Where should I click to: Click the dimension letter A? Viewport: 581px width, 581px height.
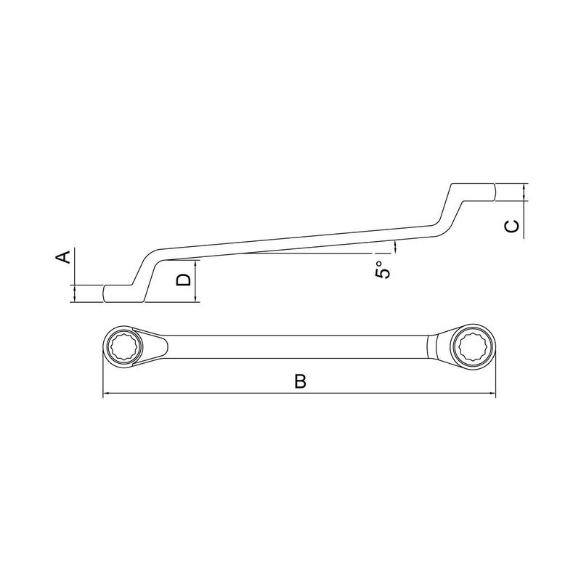pos(64,257)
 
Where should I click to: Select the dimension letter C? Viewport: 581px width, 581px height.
pos(512,227)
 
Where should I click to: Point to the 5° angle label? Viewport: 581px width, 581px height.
pos(383,269)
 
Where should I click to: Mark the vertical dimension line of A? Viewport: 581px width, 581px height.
pos(75,276)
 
